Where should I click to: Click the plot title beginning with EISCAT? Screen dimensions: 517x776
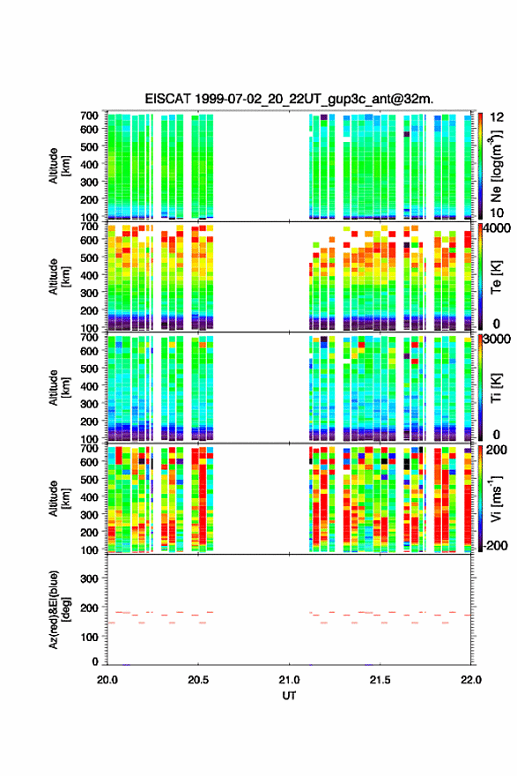pos(289,99)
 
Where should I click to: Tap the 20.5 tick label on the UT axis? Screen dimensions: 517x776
pos(198,680)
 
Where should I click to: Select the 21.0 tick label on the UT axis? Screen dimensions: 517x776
pos(289,680)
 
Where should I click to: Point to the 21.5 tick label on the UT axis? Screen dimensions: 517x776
pos(380,680)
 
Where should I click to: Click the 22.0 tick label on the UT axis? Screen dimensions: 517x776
pos(470,680)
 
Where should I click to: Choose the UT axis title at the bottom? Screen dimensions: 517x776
pos(289,696)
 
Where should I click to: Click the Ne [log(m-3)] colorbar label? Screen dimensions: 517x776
pos(496,166)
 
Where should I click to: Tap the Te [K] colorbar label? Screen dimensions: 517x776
pos(496,277)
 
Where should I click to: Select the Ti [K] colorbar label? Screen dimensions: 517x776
pos(496,387)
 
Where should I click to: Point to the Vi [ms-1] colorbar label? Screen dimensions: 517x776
pos(496,498)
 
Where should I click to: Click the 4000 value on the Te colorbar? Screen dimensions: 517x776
pos(497,228)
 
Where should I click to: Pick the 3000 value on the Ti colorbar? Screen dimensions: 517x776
pos(497,339)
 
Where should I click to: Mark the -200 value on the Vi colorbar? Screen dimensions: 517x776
pos(495,545)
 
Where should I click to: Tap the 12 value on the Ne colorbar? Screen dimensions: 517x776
pos(497,117)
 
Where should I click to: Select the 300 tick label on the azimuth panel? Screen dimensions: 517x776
pos(89,578)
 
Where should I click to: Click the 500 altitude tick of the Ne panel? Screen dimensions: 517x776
pos(89,146)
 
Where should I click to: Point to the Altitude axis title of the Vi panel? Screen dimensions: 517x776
pos(59,498)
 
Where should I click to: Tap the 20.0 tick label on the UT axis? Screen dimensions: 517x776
pos(107,680)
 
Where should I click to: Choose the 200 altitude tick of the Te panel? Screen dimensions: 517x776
pos(89,310)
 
